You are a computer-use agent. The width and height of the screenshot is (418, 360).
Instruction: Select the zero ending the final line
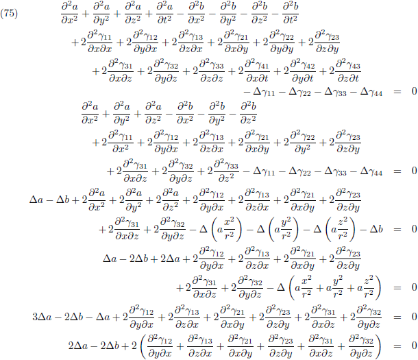pyautogui.click(x=413, y=343)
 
